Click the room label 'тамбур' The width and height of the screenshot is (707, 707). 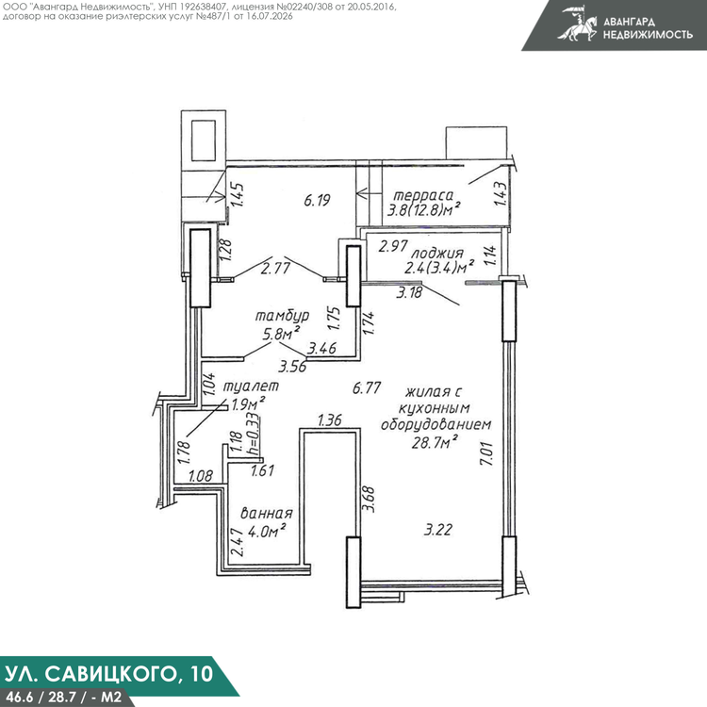tap(282, 315)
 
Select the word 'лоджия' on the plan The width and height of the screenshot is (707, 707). tap(436, 253)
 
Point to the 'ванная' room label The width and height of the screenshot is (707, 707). tap(267, 513)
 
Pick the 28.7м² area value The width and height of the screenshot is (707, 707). tap(435, 442)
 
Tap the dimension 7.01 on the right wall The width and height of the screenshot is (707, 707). tap(487, 453)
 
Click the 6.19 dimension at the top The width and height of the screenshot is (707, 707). tap(317, 200)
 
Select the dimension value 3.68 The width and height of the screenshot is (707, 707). tap(369, 499)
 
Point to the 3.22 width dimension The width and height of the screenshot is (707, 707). tap(437, 530)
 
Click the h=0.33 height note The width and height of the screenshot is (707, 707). tap(255, 434)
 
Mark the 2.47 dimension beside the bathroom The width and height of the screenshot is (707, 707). tap(238, 543)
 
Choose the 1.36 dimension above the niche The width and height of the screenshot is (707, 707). tap(330, 420)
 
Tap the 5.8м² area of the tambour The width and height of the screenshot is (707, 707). tap(281, 334)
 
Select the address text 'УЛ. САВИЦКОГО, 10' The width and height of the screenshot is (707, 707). tap(107, 674)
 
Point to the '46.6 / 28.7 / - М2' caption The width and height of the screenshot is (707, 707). tap(64, 697)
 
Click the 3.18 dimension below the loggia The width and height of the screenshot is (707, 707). tap(409, 292)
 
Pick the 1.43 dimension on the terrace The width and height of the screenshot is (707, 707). tap(501, 193)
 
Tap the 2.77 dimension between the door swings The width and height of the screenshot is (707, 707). tap(275, 269)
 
